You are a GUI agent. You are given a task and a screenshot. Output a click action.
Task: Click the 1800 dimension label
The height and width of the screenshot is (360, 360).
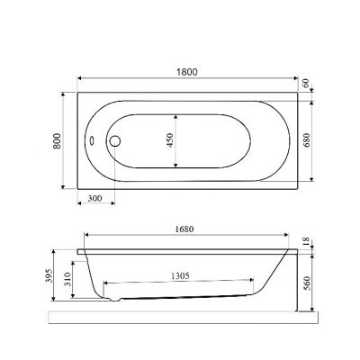(187, 72)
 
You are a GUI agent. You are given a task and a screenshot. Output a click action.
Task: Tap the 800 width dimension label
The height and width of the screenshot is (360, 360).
(57, 140)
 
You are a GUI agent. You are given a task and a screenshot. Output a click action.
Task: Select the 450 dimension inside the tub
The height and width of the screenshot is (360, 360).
(169, 140)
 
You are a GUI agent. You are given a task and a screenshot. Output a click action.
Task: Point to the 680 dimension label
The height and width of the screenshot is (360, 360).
(307, 140)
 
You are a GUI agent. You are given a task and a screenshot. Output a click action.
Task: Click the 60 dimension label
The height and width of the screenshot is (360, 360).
(306, 83)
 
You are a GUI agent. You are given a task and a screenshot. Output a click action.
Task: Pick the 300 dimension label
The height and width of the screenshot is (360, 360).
(95, 198)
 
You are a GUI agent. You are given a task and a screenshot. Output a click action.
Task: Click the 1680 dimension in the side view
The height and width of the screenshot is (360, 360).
(184, 229)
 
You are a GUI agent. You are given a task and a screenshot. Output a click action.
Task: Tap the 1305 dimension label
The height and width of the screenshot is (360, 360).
(180, 275)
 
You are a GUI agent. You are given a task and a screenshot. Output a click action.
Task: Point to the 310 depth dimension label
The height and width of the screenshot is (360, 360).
(67, 279)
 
